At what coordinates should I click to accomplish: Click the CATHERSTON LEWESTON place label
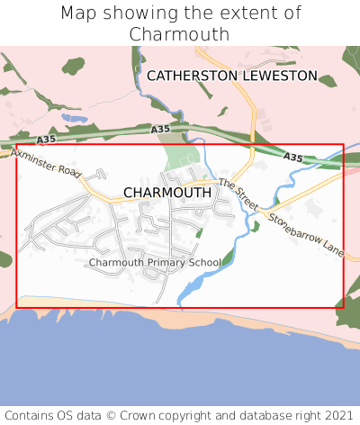point(232,76)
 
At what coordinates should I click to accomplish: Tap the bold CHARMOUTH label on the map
point(167,193)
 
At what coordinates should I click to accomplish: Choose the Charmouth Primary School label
point(155,262)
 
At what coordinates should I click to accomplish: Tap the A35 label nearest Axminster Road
point(47,140)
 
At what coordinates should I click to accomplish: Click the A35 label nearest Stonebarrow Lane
point(292,158)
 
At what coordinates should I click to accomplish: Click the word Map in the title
point(79,14)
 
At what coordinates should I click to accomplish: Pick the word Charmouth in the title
point(180,34)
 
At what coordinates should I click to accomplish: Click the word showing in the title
point(137,14)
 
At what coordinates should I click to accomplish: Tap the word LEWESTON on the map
point(278,76)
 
